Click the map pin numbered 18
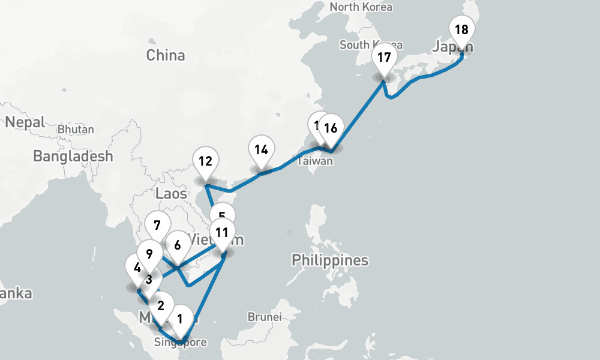click(x=461, y=30)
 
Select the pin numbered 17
click(x=384, y=58)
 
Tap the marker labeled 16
click(x=331, y=128)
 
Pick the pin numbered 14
click(x=260, y=150)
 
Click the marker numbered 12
click(x=206, y=161)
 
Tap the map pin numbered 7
click(x=157, y=226)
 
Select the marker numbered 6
click(x=178, y=245)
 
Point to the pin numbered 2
click(x=161, y=305)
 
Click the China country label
click(x=166, y=56)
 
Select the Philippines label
click(x=330, y=260)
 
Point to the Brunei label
click(x=264, y=316)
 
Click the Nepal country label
click(x=25, y=122)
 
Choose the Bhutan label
click(x=76, y=130)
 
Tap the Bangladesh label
click(x=73, y=157)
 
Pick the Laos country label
click(x=171, y=193)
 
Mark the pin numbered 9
click(x=150, y=254)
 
